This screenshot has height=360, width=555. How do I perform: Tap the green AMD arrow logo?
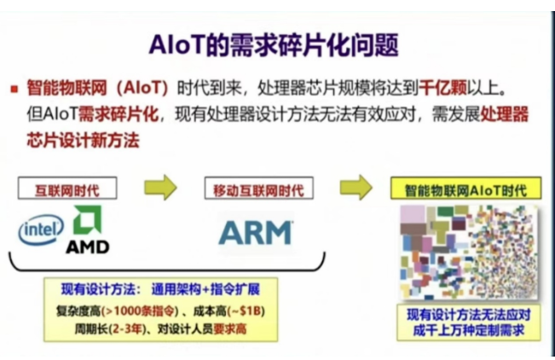[x=89, y=220]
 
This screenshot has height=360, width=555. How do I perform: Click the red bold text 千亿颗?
[x=448, y=89]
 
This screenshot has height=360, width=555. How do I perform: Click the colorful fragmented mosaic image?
[x=466, y=248]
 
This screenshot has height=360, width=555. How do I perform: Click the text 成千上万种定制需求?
[x=466, y=328]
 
